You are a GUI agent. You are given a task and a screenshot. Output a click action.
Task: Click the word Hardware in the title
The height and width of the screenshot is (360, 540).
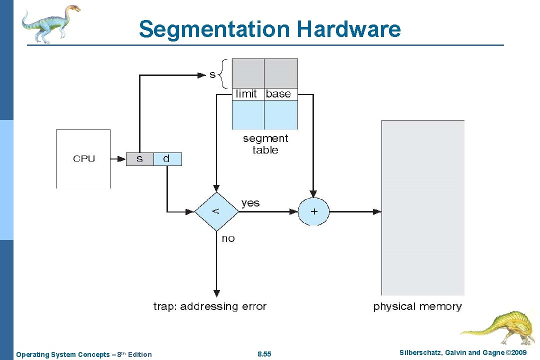pyautogui.click(x=348, y=29)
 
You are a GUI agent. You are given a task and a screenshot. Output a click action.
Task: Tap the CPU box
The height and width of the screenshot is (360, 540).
pyautogui.click(x=83, y=159)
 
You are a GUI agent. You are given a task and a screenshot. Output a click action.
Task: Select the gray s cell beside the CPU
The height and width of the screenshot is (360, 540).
pyautogui.click(x=139, y=159)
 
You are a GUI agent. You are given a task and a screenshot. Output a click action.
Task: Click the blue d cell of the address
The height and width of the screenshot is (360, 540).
pyautogui.click(x=166, y=159)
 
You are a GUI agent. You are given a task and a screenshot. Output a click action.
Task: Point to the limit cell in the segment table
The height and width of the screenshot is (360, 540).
pyautogui.click(x=246, y=94)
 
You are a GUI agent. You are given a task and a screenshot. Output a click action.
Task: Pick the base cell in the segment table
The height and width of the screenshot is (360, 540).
pyautogui.click(x=278, y=94)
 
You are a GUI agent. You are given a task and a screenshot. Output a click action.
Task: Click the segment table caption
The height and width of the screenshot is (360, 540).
pyautogui.click(x=265, y=144)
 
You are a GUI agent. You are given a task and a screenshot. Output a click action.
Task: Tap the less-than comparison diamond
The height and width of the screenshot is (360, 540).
pyautogui.click(x=216, y=211)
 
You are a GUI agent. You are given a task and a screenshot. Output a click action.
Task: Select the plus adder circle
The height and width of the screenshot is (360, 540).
pyautogui.click(x=314, y=211)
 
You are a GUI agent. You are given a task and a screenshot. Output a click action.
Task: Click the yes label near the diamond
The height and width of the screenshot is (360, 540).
pyautogui.click(x=250, y=202)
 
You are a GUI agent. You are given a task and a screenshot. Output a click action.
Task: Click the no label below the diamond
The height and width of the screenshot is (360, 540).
pyautogui.click(x=228, y=238)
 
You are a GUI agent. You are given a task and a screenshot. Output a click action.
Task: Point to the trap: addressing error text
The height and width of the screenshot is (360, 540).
pyautogui.click(x=210, y=306)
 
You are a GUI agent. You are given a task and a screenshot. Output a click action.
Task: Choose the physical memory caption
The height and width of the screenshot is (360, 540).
pyautogui.click(x=417, y=306)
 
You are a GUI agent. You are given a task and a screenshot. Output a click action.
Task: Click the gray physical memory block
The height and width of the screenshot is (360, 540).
pyautogui.click(x=422, y=207)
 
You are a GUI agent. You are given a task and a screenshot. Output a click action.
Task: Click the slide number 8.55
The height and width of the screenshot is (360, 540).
pyautogui.click(x=264, y=354)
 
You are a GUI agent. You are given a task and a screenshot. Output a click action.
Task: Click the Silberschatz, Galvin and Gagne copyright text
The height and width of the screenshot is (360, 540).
pyautogui.click(x=463, y=353)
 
